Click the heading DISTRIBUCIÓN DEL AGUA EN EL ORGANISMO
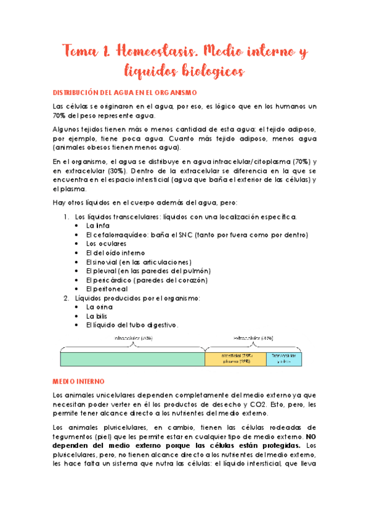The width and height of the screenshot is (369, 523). click(x=124, y=93)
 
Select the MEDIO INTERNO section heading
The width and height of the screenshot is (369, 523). click(x=79, y=381)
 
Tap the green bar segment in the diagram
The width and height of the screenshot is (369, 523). click(x=132, y=358)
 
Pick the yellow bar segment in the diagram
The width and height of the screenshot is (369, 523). click(x=235, y=358)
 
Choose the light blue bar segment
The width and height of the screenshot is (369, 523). click(x=284, y=358)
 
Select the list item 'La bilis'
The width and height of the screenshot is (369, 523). click(x=98, y=316)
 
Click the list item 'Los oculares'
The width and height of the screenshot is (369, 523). click(x=106, y=244)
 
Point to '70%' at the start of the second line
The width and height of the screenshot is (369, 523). click(x=59, y=115)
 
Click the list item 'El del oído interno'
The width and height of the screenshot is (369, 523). click(x=116, y=253)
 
